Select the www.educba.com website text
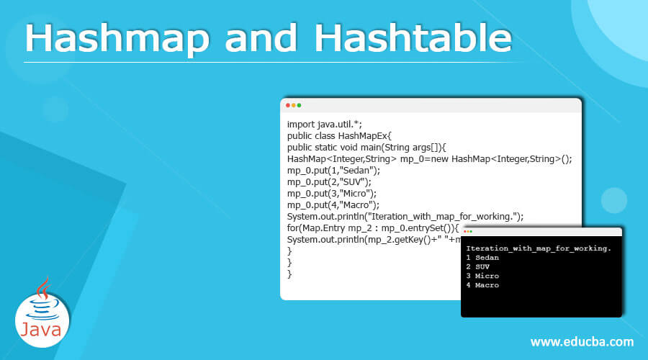tap(582, 341)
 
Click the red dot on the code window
tap(289, 105)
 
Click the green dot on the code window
tap(300, 105)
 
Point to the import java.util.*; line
tap(320, 124)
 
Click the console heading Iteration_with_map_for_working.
tap(539, 248)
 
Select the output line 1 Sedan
tap(482, 258)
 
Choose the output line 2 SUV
tap(478, 267)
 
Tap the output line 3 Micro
tap(482, 276)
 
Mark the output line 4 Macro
tap(482, 286)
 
